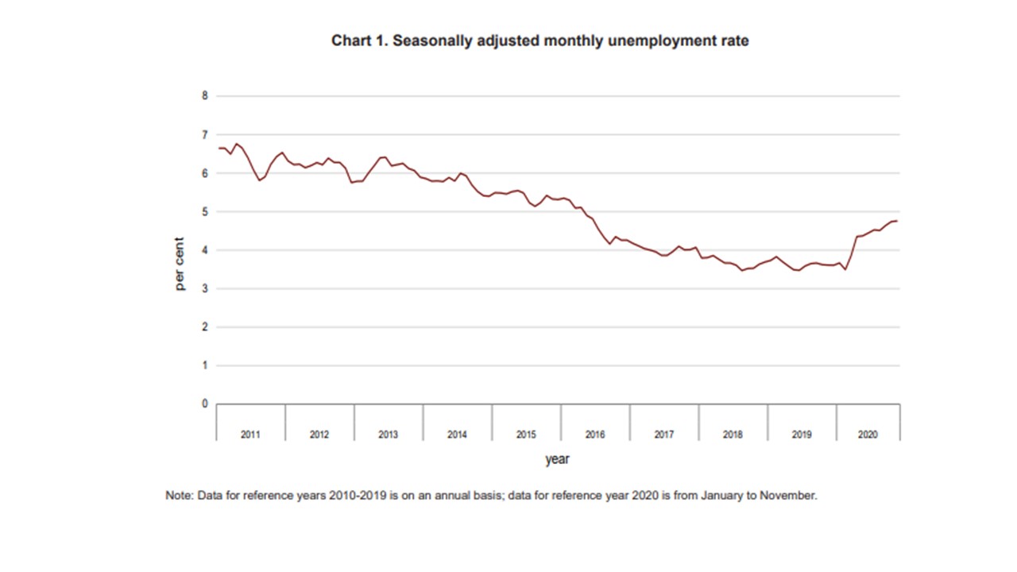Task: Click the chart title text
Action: point(539,41)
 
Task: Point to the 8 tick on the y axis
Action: point(204,96)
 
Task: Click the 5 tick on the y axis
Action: point(204,211)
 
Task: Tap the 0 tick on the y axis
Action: point(204,404)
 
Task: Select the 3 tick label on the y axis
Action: point(204,288)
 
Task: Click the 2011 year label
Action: point(250,435)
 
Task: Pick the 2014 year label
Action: point(457,435)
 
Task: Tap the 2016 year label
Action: point(595,435)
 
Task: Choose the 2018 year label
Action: point(733,435)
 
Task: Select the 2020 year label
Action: point(868,435)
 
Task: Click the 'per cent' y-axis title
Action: point(180,265)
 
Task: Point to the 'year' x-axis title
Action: point(557,459)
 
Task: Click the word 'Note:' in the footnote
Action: point(179,495)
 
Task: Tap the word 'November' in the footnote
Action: point(787,495)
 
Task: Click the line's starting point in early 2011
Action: point(218,148)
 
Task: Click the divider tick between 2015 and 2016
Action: point(561,421)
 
